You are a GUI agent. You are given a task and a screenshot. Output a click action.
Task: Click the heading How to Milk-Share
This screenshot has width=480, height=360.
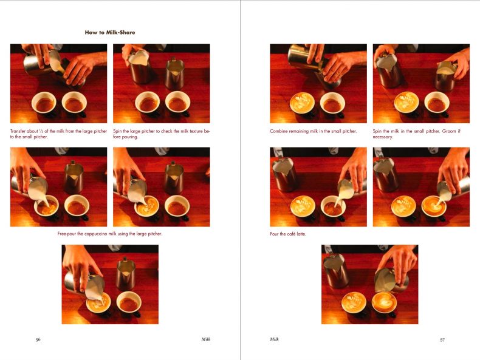point(110,32)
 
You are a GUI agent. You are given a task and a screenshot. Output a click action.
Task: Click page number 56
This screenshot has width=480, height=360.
point(38,339)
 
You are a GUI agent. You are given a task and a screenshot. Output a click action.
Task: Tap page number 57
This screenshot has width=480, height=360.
point(442,339)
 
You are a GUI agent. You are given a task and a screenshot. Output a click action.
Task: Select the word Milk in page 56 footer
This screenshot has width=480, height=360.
point(206,339)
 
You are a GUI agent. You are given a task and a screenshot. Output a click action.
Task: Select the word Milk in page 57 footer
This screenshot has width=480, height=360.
point(275,339)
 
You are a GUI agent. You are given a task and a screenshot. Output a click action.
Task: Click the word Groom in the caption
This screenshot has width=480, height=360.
point(449,131)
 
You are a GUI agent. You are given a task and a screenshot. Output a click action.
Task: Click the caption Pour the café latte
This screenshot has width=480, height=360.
point(288,234)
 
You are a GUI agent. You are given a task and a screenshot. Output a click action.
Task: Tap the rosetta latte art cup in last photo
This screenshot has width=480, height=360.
point(354,303)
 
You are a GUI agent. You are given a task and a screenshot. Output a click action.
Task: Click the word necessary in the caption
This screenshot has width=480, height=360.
point(382,137)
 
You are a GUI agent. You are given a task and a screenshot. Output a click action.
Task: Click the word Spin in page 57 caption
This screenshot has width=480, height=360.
point(377,131)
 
